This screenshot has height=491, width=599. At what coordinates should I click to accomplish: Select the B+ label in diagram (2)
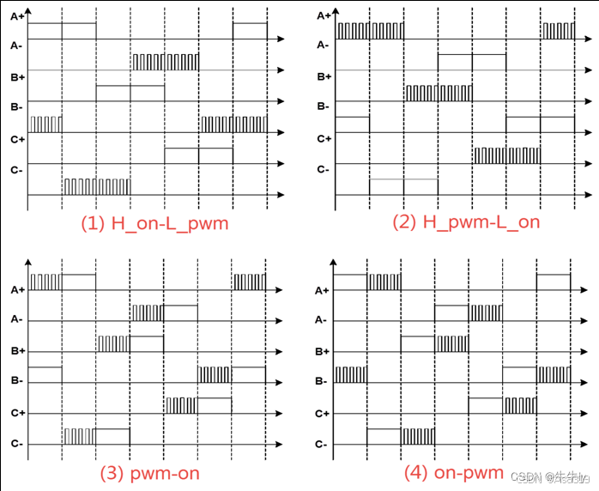324,76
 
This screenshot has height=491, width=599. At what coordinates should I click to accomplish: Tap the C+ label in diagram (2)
324,138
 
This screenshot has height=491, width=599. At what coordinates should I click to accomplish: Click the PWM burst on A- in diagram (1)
165,62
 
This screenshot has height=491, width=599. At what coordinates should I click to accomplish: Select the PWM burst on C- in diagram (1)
97,186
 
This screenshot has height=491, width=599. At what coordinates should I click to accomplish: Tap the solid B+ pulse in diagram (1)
130,93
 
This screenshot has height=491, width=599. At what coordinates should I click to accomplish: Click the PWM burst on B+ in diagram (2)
438,93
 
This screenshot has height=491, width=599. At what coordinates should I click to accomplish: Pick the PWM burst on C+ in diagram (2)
506,155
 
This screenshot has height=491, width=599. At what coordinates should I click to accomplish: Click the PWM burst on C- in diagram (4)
418,436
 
